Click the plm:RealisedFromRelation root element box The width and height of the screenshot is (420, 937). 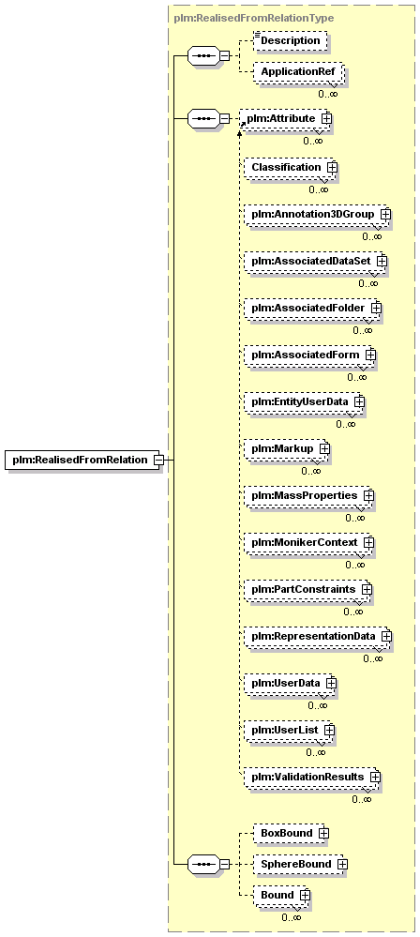(x=82, y=460)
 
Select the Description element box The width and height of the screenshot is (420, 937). (x=291, y=40)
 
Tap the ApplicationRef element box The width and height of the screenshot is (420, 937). (x=298, y=71)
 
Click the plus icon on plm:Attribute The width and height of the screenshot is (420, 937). (x=326, y=118)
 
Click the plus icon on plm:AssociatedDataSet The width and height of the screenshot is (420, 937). (x=382, y=261)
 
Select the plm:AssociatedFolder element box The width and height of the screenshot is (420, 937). (x=312, y=308)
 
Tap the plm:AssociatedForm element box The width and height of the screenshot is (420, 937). (x=310, y=355)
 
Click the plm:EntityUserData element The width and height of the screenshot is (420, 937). (x=304, y=401)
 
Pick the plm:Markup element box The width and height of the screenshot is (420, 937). (x=287, y=448)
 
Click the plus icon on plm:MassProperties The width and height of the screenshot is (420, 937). (x=368, y=495)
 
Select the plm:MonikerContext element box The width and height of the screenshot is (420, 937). (x=308, y=543)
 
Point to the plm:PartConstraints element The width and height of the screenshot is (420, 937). (x=307, y=589)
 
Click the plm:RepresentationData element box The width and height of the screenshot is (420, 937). (x=317, y=636)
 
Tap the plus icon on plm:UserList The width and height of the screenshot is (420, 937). (x=328, y=730)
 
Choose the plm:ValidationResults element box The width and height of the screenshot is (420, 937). (x=312, y=777)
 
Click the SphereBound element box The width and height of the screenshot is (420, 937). (x=301, y=864)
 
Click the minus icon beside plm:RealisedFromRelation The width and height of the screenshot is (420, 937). (x=159, y=460)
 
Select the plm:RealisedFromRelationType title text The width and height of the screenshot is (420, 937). (x=254, y=18)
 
